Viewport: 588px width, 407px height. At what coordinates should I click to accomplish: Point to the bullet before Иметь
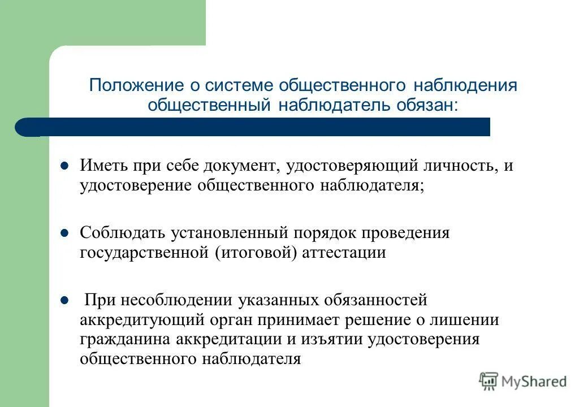[x=64, y=167]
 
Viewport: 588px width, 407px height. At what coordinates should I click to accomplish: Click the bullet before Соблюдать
[x=64, y=233]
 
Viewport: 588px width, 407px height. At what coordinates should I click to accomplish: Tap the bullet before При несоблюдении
[x=64, y=300]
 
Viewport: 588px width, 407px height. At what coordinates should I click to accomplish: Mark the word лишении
[x=474, y=319]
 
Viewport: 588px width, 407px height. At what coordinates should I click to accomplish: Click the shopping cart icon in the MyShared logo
[x=488, y=382]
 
